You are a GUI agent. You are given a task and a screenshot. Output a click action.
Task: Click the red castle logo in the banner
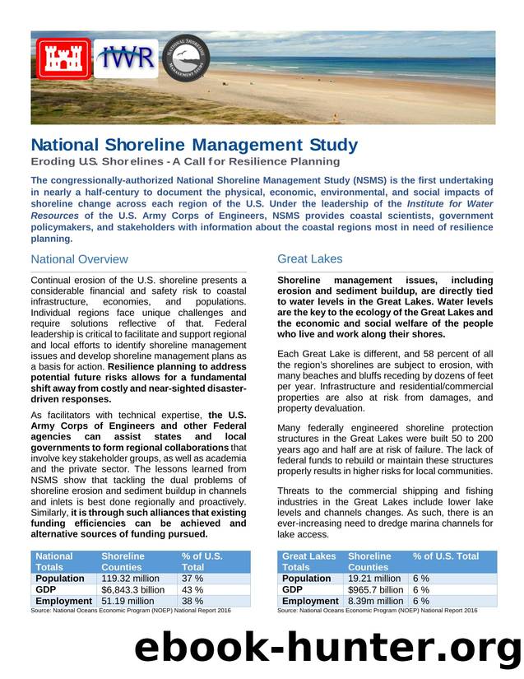click(x=63, y=58)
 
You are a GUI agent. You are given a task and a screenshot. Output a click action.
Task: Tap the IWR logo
click(x=126, y=58)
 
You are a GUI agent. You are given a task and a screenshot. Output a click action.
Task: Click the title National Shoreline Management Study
click(x=194, y=146)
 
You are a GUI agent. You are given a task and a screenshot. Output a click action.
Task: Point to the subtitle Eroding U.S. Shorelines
click(x=185, y=161)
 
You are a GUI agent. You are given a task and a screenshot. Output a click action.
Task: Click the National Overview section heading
click(x=79, y=259)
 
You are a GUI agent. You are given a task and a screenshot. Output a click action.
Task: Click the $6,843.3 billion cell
click(x=133, y=590)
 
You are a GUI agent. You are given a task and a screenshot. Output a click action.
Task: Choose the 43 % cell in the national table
click(x=192, y=590)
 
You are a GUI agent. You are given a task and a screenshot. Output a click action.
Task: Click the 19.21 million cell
click(x=375, y=579)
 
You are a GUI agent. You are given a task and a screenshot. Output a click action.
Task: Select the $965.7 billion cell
click(x=376, y=590)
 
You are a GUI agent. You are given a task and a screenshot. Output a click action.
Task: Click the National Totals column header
click(x=54, y=561)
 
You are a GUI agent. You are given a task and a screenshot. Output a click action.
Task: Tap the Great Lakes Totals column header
click(x=308, y=561)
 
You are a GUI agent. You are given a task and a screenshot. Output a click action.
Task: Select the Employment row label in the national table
click(x=63, y=602)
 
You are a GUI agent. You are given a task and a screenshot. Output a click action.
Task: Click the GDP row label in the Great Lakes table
click(x=292, y=590)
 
